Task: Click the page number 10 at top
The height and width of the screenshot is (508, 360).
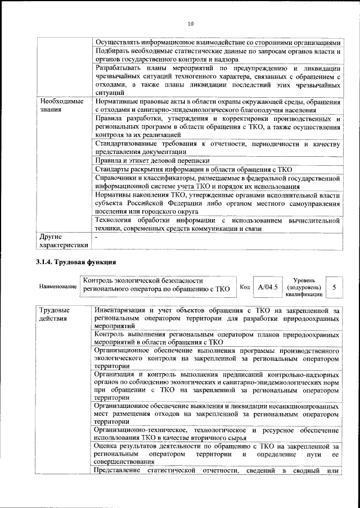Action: coord(190,24)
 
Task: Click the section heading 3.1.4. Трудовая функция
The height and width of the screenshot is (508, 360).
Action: coord(75,262)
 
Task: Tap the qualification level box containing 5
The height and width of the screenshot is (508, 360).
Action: coord(334,287)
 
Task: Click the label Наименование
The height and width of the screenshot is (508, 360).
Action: coord(58,287)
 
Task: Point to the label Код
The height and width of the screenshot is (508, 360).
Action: coord(245,287)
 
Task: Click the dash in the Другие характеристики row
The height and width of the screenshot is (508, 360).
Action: coord(97,238)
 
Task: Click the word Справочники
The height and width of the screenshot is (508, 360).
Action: coord(117,178)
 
